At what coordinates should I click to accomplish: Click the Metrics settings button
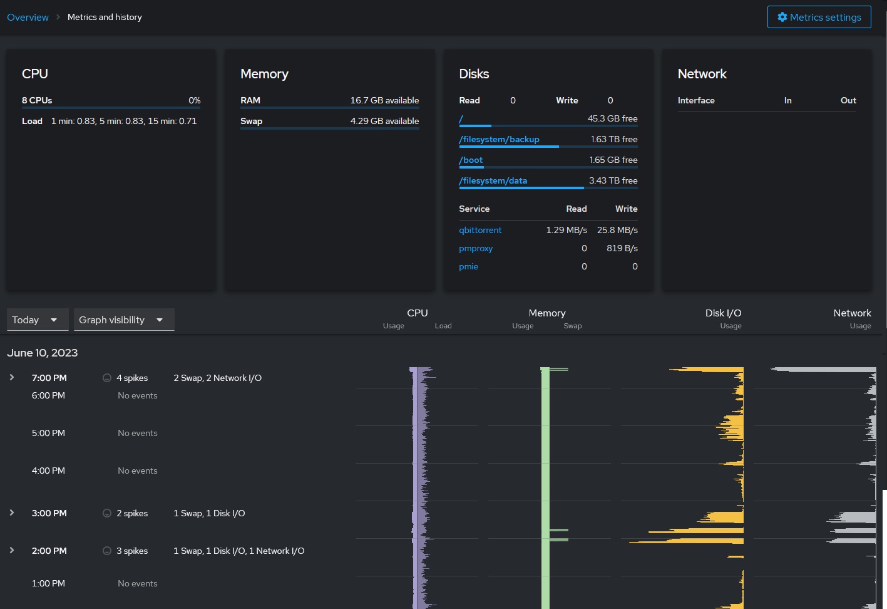click(819, 17)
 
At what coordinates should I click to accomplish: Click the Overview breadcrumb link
click(28, 17)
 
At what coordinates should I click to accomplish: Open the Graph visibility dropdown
click(123, 320)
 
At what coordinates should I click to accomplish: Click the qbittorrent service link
click(480, 230)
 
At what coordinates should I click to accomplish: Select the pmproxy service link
click(476, 248)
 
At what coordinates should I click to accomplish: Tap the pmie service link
click(468, 266)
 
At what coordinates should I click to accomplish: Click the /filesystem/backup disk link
click(499, 139)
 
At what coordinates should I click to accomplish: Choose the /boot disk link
click(471, 160)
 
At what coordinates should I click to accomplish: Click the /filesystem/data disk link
click(493, 180)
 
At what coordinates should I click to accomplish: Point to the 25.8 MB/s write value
click(617, 230)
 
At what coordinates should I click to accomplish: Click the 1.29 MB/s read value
click(566, 230)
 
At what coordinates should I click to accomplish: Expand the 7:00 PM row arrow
click(12, 377)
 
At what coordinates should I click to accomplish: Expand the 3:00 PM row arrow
click(12, 513)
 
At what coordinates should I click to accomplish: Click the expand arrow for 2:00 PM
click(12, 550)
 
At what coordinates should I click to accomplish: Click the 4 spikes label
click(131, 378)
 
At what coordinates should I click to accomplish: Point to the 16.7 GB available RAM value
click(384, 100)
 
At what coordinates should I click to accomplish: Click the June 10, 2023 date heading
click(43, 353)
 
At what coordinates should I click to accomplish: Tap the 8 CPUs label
click(37, 100)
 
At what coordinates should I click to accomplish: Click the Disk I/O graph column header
click(723, 313)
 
